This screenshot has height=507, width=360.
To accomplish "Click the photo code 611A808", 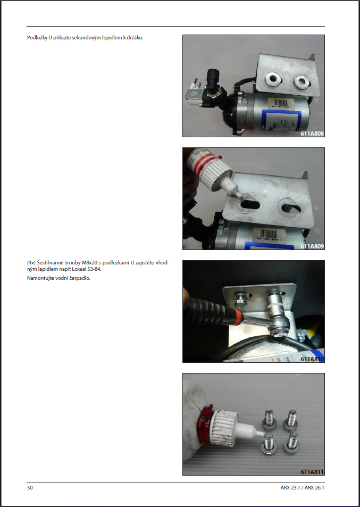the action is click(312, 133).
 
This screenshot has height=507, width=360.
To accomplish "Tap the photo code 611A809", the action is click(312, 246).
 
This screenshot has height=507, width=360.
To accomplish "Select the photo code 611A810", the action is click(312, 359).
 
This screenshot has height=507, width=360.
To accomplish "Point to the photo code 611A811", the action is click(312, 472).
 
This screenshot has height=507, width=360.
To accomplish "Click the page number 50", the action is click(30, 488).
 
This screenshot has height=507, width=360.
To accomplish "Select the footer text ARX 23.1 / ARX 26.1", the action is click(302, 488).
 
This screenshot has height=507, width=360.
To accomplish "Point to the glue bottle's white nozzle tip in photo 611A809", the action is click(239, 195).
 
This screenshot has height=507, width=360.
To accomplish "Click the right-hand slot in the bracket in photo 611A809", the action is click(291, 208).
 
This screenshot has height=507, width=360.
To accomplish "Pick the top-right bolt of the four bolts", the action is click(290, 419).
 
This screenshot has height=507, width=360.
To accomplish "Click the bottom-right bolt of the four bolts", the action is click(291, 443).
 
